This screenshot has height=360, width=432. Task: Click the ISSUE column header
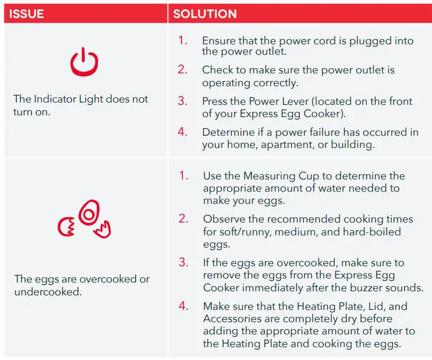tap(27, 13)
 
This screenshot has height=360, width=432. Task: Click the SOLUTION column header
tap(204, 13)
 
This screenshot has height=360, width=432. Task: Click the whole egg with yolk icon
tap(88, 214)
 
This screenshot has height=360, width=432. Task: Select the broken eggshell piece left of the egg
tap(65, 227)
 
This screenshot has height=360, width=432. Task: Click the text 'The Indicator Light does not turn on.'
tap(80, 105)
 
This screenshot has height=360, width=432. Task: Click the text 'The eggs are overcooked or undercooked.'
tap(82, 285)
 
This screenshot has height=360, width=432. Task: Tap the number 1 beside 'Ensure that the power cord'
tap(183, 41)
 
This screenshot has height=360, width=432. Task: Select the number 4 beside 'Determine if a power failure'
tap(183, 132)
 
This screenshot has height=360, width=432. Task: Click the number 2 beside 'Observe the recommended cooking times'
tap(183, 219)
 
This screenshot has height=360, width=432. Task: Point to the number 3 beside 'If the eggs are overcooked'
tap(183, 263)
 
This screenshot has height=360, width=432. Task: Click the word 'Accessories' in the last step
tap(232, 319)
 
